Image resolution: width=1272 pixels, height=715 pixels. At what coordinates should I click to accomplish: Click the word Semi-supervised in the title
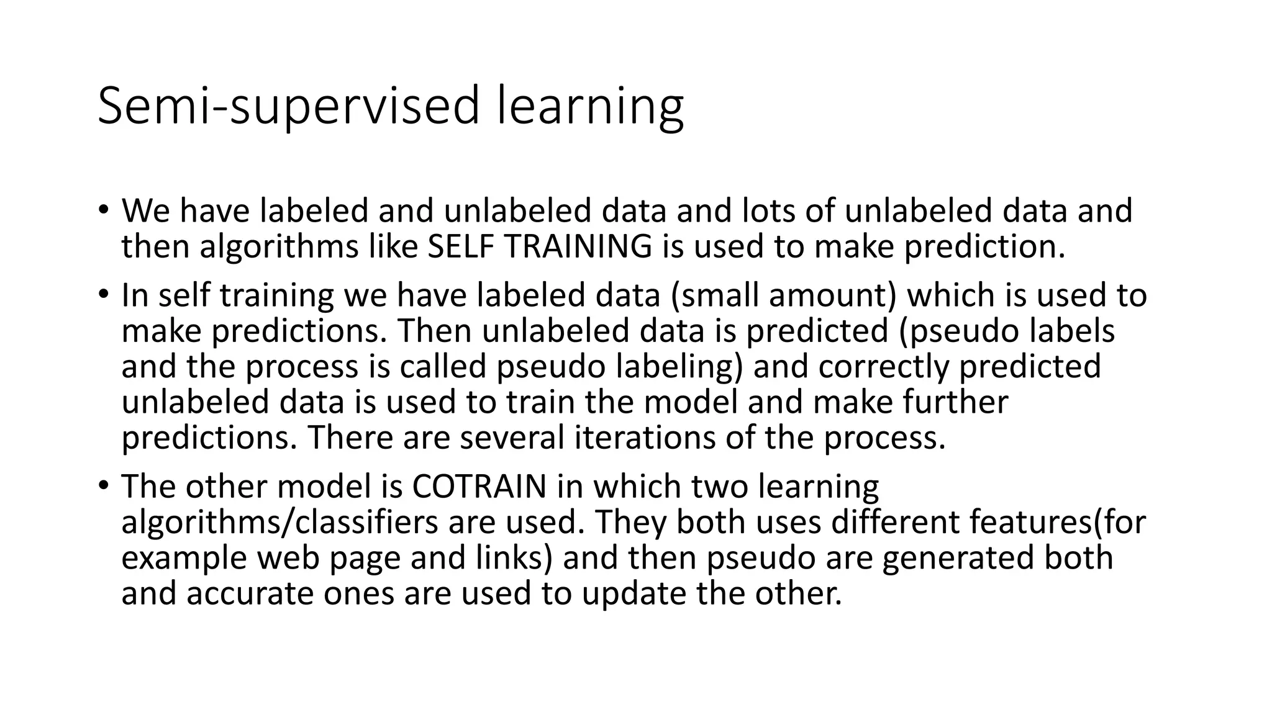click(289, 107)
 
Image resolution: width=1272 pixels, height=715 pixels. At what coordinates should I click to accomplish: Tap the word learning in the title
click(591, 107)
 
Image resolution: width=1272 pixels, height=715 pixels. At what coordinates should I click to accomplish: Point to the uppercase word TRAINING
click(578, 246)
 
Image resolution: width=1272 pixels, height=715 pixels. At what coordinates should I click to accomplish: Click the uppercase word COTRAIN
click(479, 486)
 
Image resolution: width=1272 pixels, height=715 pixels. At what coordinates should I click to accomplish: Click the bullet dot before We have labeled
click(102, 209)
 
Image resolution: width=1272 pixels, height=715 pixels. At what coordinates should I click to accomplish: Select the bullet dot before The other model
click(102, 485)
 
